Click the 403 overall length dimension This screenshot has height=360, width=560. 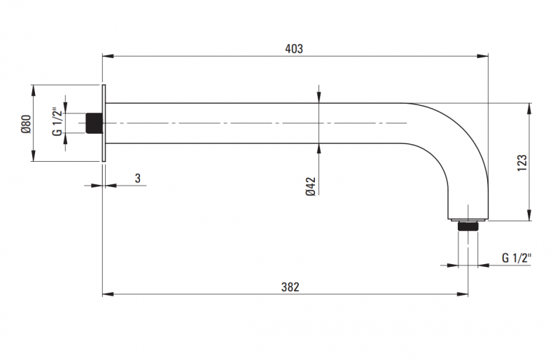[294, 48]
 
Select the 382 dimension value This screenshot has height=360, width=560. [290, 286]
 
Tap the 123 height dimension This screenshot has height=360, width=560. [521, 162]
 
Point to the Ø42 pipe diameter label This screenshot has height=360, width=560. [311, 186]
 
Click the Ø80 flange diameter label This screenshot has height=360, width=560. [26, 123]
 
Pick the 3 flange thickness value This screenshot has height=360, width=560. [138, 178]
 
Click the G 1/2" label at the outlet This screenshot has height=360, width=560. [517, 257]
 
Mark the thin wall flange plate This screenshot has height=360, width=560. [104, 123]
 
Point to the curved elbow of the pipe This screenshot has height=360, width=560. [455, 140]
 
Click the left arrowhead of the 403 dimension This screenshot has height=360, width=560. [107, 56]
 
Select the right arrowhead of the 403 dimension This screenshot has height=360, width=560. [484, 56]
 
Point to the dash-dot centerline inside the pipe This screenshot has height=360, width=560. [245, 123]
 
